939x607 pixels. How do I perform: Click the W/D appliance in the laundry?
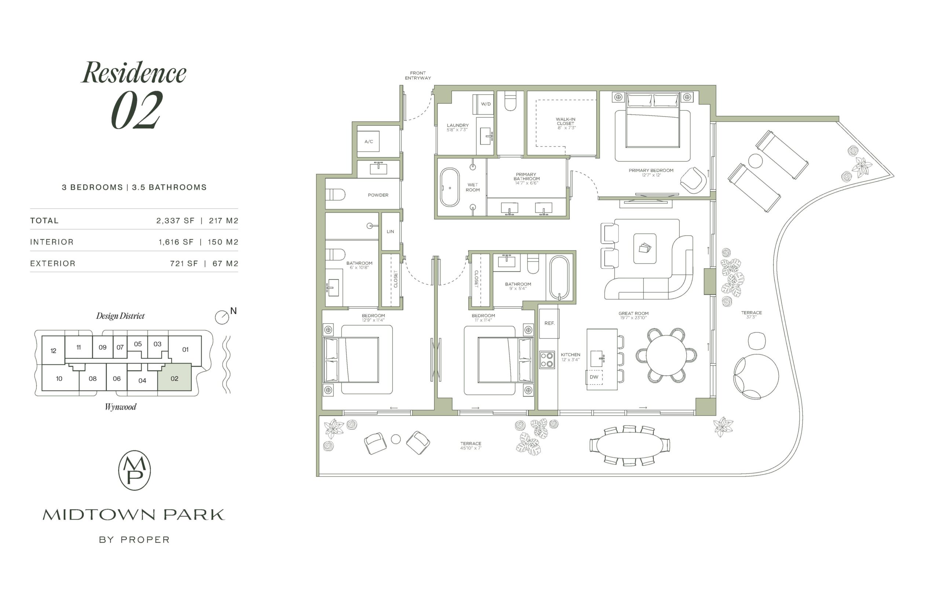point(483,104)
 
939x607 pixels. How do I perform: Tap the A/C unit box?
point(368,141)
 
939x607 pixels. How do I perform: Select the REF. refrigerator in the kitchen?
point(549,323)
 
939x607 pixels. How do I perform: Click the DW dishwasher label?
point(594,377)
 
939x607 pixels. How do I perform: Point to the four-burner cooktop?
point(547,360)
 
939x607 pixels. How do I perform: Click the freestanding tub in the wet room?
point(450,188)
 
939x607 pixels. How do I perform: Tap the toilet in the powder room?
point(335,194)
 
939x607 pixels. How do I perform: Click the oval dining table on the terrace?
point(630,445)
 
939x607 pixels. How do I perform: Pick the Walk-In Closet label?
point(566,124)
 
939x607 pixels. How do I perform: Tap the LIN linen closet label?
point(390,231)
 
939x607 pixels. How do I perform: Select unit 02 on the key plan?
point(174,377)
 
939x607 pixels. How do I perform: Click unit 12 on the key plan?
point(53,350)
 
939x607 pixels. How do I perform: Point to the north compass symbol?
point(222,317)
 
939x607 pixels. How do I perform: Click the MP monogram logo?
point(135,470)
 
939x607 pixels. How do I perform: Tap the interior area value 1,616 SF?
point(176,242)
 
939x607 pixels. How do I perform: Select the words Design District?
point(120,316)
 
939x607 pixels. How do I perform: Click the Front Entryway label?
point(418,75)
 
